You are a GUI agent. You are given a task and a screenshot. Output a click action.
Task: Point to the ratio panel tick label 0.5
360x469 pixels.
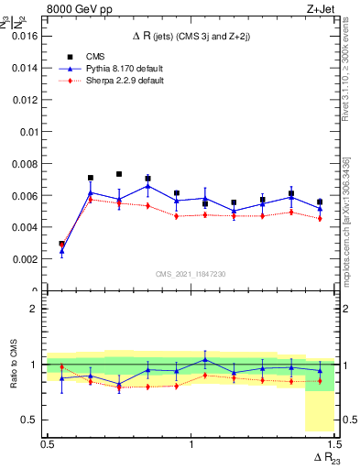click(32, 420)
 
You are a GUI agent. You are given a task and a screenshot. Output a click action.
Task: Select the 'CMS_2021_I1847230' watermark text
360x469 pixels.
click(191, 274)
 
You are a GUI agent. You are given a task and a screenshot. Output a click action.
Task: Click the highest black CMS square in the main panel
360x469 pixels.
click(119, 174)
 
